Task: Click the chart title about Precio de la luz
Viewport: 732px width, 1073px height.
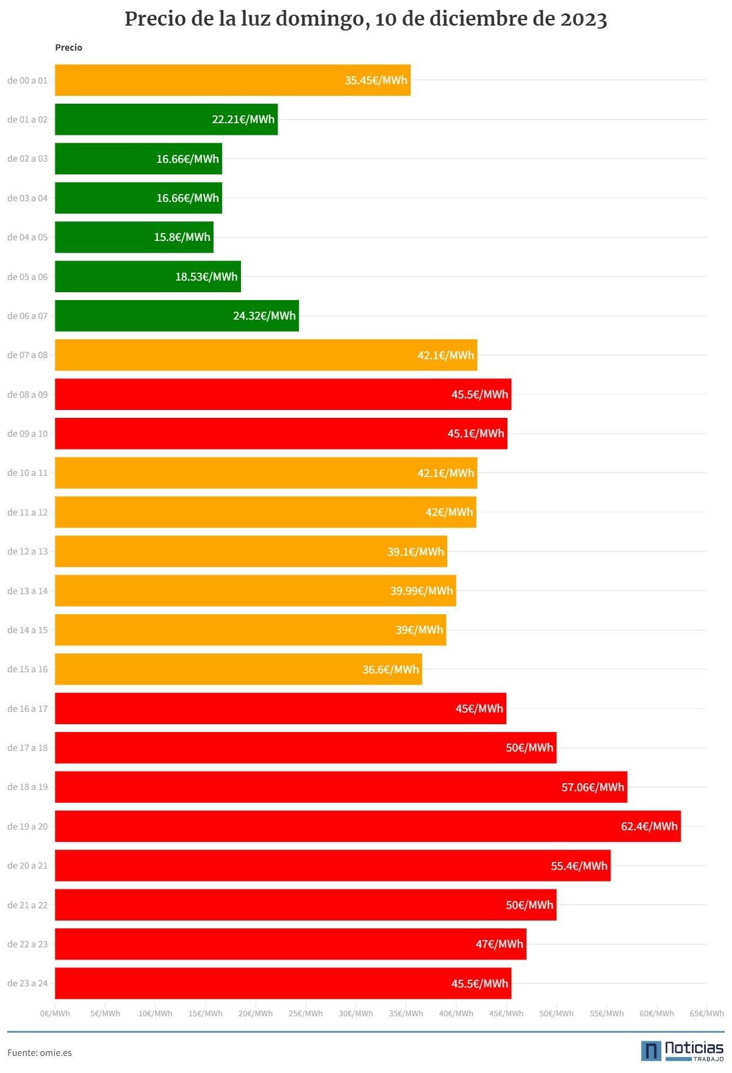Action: [366, 20]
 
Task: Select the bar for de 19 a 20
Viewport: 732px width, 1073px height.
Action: [368, 826]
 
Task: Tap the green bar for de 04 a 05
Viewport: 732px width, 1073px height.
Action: [134, 237]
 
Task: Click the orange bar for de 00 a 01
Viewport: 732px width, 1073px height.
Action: [232, 80]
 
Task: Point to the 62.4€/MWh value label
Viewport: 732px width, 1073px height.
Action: [649, 826]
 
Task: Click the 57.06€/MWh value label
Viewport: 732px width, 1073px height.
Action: [593, 787]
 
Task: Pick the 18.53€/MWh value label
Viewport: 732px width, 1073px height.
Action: [206, 276]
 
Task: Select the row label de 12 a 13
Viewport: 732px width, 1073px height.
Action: [27, 551]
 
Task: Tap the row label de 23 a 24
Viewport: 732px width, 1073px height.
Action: [27, 983]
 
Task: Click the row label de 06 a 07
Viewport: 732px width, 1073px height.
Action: [27, 316]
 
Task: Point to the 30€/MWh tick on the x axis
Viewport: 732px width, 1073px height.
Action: [356, 1013]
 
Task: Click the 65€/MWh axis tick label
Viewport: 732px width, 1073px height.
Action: [707, 1013]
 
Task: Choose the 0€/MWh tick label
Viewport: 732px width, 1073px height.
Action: [55, 1013]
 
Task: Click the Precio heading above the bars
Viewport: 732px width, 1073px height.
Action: [68, 48]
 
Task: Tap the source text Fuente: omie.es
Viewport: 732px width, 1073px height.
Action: [40, 1052]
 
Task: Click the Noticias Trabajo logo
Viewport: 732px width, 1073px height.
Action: [683, 1050]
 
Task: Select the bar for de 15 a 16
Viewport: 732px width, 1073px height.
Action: [239, 669]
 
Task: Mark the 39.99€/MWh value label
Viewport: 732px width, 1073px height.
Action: [422, 590]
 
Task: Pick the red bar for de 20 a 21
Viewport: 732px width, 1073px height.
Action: [332, 866]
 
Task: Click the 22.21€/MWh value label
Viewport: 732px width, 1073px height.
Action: [243, 120]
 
